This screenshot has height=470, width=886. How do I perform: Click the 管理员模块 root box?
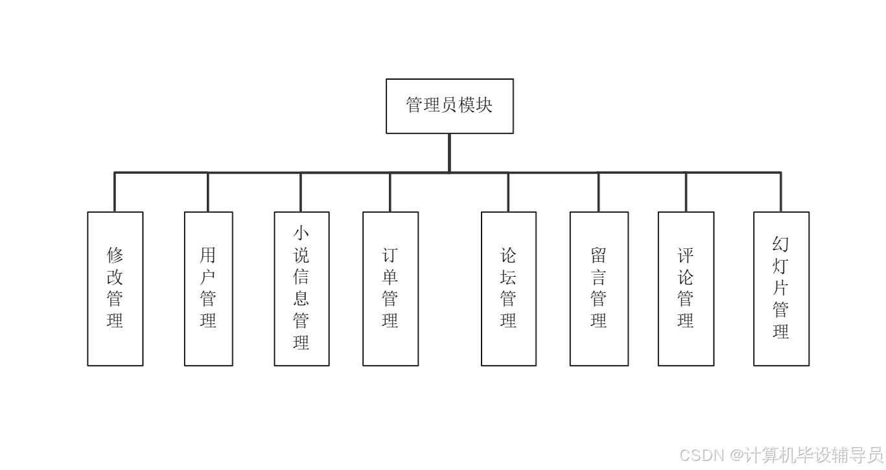tap(449, 106)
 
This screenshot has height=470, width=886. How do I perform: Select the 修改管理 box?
tap(115, 288)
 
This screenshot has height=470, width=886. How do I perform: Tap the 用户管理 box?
tap(208, 288)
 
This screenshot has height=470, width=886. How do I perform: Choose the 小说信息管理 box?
tap(301, 288)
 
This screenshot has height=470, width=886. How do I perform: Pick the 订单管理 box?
tap(390, 288)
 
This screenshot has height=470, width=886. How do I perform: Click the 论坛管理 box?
tap(508, 288)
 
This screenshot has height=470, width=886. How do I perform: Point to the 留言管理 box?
tap(599, 288)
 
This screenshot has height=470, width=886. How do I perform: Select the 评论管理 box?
tap(686, 288)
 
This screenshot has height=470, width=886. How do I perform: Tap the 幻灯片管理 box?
tap(781, 288)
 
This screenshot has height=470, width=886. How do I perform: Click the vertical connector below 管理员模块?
tap(449, 153)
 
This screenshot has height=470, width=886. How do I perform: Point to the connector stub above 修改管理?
tap(115, 193)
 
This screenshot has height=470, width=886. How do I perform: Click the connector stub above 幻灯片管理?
tap(781, 193)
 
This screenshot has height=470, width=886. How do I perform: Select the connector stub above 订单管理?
tap(390, 193)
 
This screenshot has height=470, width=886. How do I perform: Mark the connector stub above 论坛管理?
tap(508, 193)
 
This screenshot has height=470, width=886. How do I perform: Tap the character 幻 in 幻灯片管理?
tap(781, 245)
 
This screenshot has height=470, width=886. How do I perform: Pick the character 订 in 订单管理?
tap(390, 255)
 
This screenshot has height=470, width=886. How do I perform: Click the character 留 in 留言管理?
tap(599, 255)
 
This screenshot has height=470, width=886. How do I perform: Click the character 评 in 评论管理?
tap(686, 255)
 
